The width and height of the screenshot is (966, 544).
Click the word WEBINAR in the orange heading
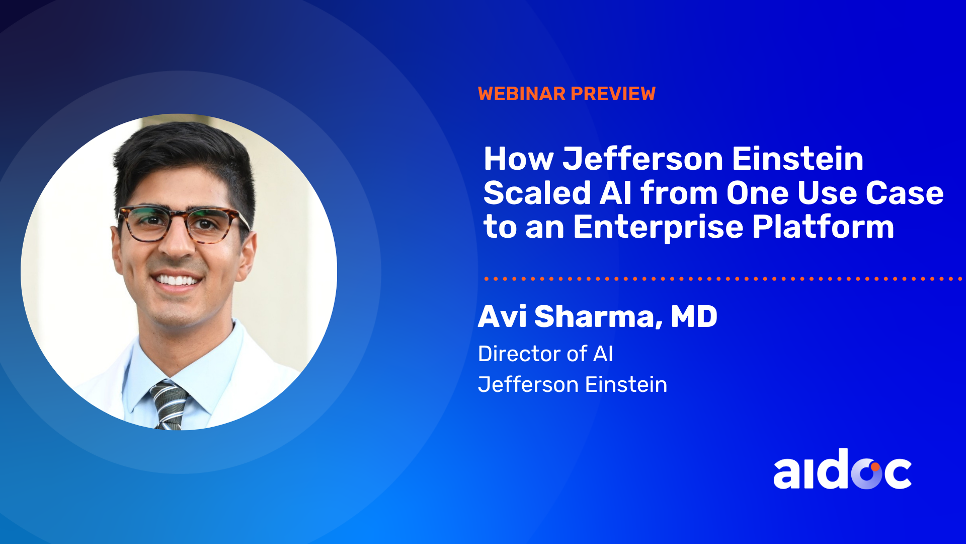click(x=522, y=94)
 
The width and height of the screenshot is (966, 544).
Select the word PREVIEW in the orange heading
click(x=613, y=94)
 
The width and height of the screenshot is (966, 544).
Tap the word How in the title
click(x=519, y=159)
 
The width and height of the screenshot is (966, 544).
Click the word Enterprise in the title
click(x=658, y=227)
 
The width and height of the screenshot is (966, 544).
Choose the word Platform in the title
click(x=823, y=227)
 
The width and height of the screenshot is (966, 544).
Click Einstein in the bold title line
click(x=797, y=159)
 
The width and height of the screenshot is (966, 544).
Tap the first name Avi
click(x=502, y=316)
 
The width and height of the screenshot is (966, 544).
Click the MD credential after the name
click(x=694, y=316)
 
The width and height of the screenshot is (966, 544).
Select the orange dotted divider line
click(x=723, y=279)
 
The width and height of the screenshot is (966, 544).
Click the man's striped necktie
click(x=170, y=406)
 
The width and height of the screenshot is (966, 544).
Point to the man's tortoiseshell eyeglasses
click(x=184, y=224)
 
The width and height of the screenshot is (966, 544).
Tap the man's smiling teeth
click(x=177, y=280)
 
